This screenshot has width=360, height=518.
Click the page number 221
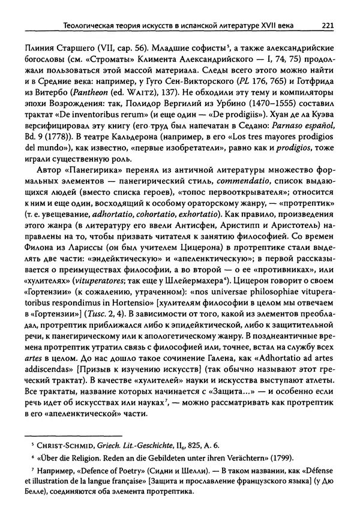[x=328, y=25]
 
